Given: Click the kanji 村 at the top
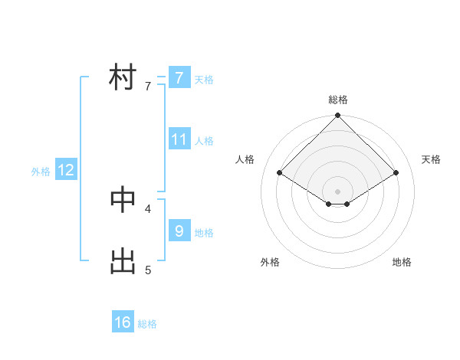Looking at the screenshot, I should [x=123, y=77].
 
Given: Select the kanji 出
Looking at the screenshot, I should [x=123, y=261].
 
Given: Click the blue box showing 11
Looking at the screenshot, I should [x=179, y=139].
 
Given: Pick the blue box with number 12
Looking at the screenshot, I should [x=66, y=170].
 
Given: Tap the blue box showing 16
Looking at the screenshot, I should [x=123, y=322].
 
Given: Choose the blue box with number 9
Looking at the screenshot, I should [x=179, y=230].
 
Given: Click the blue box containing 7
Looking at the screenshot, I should [x=179, y=77].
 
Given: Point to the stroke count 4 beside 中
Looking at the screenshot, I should [x=148, y=208].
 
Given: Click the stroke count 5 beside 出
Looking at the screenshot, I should [x=148, y=270].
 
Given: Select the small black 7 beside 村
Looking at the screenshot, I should [x=148, y=87].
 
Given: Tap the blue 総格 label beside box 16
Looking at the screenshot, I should [x=147, y=324].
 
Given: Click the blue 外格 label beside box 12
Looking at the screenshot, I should [x=41, y=172].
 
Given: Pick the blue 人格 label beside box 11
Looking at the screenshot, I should [x=204, y=141].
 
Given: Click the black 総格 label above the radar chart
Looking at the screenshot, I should [x=337, y=100].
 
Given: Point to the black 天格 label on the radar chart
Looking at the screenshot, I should [x=432, y=159].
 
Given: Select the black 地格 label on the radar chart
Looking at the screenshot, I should [x=402, y=262].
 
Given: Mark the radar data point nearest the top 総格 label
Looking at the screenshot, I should [x=337, y=116].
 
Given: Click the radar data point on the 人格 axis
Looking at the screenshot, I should [x=280, y=173].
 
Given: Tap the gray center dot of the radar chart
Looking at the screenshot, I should [x=337, y=191].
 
